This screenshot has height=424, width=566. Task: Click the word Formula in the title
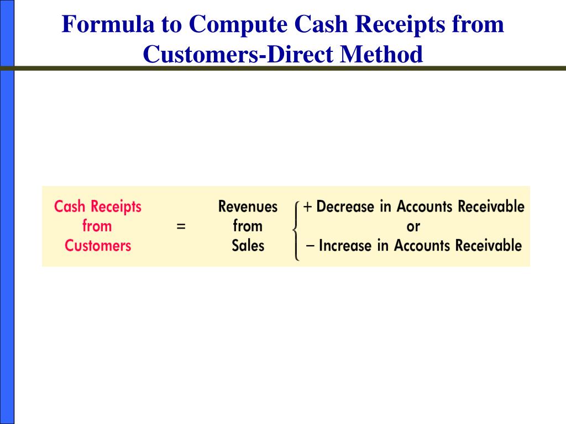[108, 24]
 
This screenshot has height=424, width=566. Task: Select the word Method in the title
[381, 54]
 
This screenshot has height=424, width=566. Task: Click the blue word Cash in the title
[321, 24]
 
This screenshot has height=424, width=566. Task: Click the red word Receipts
[116, 207]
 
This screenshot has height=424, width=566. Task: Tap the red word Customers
[98, 246]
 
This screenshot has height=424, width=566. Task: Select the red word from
[97, 226]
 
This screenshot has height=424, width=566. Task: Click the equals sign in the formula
[181, 226]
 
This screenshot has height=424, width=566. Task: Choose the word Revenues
[248, 206]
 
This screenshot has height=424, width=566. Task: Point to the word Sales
[248, 246]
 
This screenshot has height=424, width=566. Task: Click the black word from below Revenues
[248, 226]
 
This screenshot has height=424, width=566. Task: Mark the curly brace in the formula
[296, 230]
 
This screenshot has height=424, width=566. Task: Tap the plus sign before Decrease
[307, 207]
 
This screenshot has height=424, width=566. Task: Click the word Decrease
[345, 206]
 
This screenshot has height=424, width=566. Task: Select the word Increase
[345, 246]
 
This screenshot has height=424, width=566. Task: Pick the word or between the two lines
[413, 227]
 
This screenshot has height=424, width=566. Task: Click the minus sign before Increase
[310, 246]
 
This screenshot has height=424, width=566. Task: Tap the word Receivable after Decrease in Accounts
[491, 206]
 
